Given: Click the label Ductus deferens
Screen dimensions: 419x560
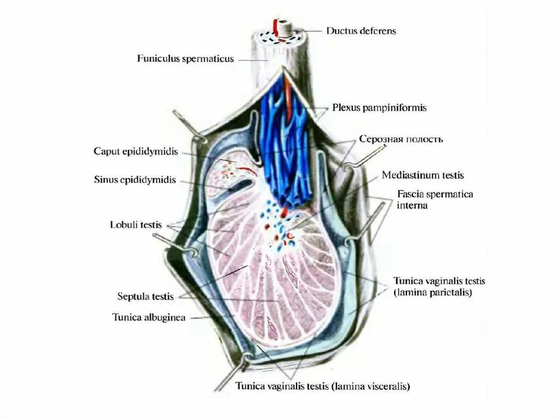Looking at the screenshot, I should click(x=361, y=31).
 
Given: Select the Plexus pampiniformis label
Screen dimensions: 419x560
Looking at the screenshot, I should click(x=379, y=108).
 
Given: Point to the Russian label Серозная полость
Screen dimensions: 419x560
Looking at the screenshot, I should click(x=400, y=139).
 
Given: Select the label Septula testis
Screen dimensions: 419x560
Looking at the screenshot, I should click(x=145, y=297).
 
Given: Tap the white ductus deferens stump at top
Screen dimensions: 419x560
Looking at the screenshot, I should click(x=284, y=26).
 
